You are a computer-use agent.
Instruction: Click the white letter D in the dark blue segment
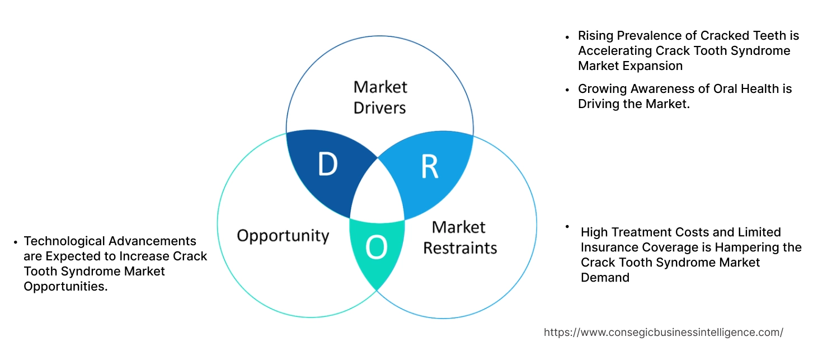point(328,165)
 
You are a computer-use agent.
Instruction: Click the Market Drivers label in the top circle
point(380,97)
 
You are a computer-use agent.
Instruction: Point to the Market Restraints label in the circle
point(459,237)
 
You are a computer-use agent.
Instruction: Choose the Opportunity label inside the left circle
point(283,235)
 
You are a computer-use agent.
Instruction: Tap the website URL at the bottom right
point(663,332)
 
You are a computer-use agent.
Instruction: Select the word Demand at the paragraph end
point(605,278)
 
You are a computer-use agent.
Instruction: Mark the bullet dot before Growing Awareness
point(567,89)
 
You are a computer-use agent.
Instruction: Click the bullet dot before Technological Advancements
point(15,242)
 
